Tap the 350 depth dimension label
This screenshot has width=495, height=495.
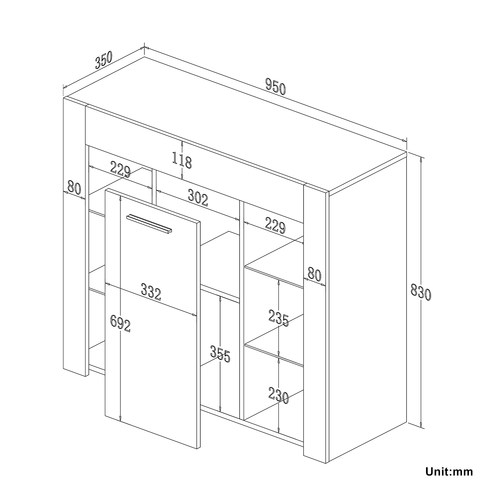(x=104, y=59)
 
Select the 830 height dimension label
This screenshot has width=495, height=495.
(x=421, y=290)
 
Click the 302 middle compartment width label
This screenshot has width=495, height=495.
(x=198, y=198)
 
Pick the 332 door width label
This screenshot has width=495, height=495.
(x=151, y=291)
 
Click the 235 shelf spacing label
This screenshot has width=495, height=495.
(x=279, y=318)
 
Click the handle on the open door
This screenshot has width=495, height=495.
(x=149, y=223)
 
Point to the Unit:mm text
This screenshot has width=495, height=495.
(x=449, y=472)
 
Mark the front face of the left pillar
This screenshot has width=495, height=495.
(x=74, y=238)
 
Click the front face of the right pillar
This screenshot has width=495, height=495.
(x=314, y=325)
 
